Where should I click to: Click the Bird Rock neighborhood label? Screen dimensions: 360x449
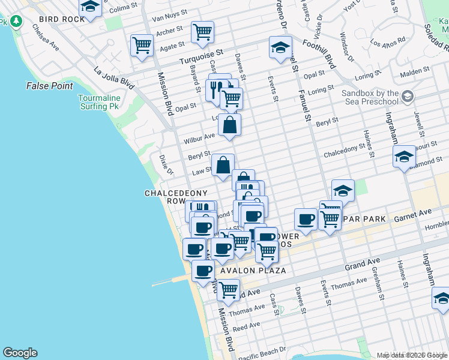click(62, 19)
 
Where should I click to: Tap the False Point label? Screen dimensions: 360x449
click(49, 86)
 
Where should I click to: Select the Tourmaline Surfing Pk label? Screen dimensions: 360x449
click(99, 102)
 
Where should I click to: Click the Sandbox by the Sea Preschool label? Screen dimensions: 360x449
click(370, 97)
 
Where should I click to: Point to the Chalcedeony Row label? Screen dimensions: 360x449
click(176, 197)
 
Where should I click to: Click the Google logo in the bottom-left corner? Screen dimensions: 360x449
click(20, 353)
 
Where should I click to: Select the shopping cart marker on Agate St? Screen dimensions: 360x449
click(142, 44)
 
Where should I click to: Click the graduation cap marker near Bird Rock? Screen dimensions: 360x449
click(90, 7)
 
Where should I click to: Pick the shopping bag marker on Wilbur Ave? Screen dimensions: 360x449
click(229, 125)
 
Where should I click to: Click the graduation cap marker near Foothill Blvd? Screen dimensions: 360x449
click(280, 48)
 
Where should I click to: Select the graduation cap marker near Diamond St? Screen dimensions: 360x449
click(405, 157)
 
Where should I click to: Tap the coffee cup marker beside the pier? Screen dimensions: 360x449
click(203, 271)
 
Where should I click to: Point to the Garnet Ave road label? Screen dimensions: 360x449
click(413, 213)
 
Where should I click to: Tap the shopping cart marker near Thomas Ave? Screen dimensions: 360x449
click(228, 290)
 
